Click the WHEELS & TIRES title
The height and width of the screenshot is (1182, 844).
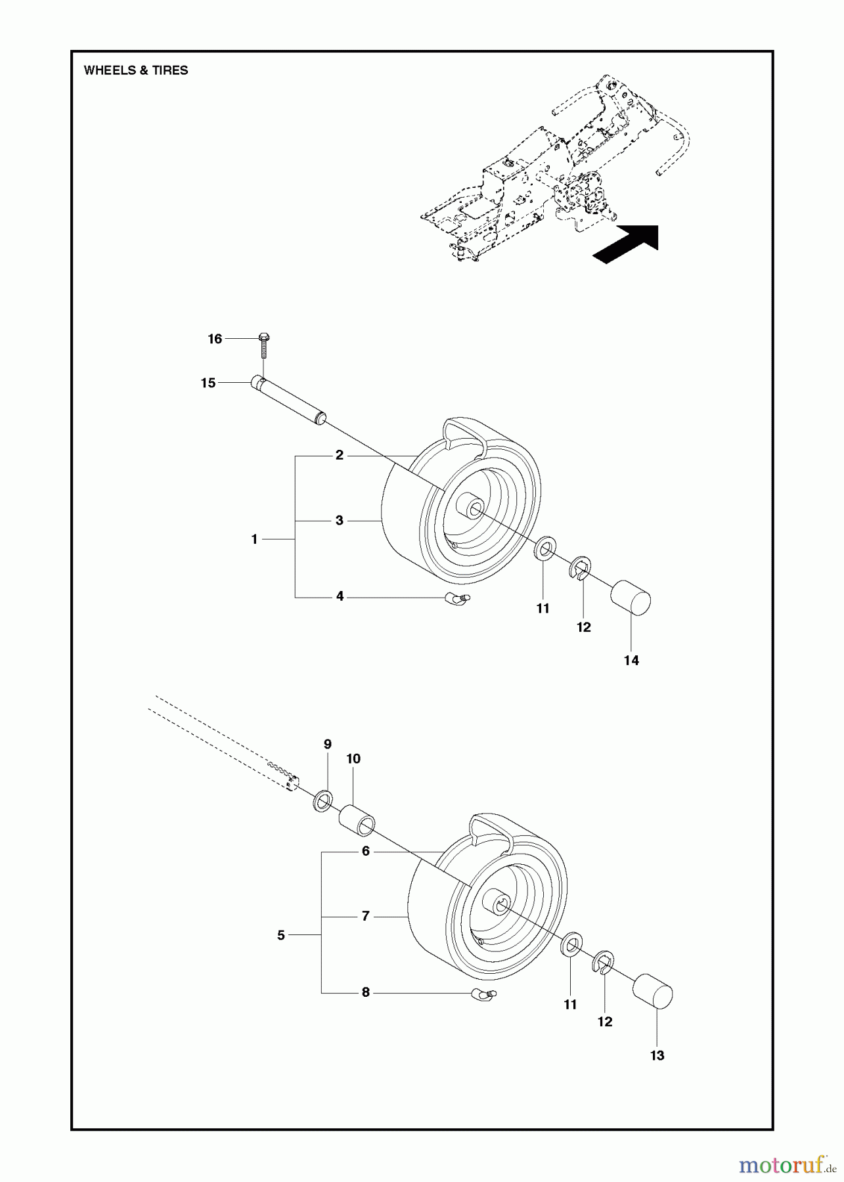(136, 71)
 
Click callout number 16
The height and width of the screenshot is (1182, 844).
(215, 339)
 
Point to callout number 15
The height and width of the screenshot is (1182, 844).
(208, 383)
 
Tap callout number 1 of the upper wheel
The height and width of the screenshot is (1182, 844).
(254, 539)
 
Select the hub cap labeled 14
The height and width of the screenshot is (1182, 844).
(631, 596)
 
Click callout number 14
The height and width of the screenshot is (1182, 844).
(631, 661)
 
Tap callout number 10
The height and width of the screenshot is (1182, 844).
(353, 759)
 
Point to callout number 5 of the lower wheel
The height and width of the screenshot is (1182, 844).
(281, 935)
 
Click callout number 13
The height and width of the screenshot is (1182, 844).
(657, 1055)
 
